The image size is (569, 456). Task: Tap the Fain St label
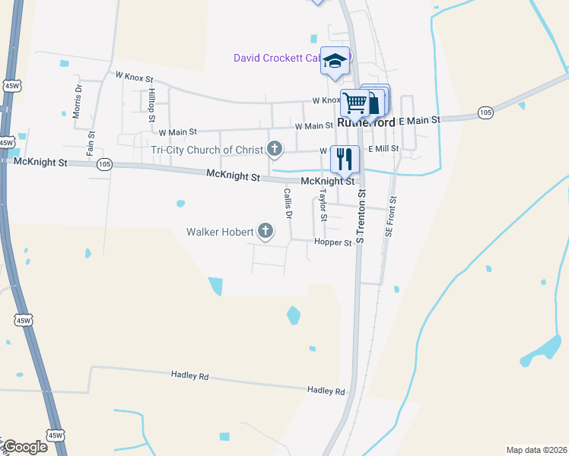click(91, 142)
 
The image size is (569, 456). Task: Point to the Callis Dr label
click(288, 203)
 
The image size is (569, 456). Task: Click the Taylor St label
click(323, 206)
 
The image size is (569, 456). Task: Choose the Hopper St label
click(332, 243)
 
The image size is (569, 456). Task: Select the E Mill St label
click(383, 149)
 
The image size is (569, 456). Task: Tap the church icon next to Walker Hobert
click(265, 231)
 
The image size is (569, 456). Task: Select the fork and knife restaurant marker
click(345, 158)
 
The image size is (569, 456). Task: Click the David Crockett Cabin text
click(278, 57)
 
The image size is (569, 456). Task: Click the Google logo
click(25, 447)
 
